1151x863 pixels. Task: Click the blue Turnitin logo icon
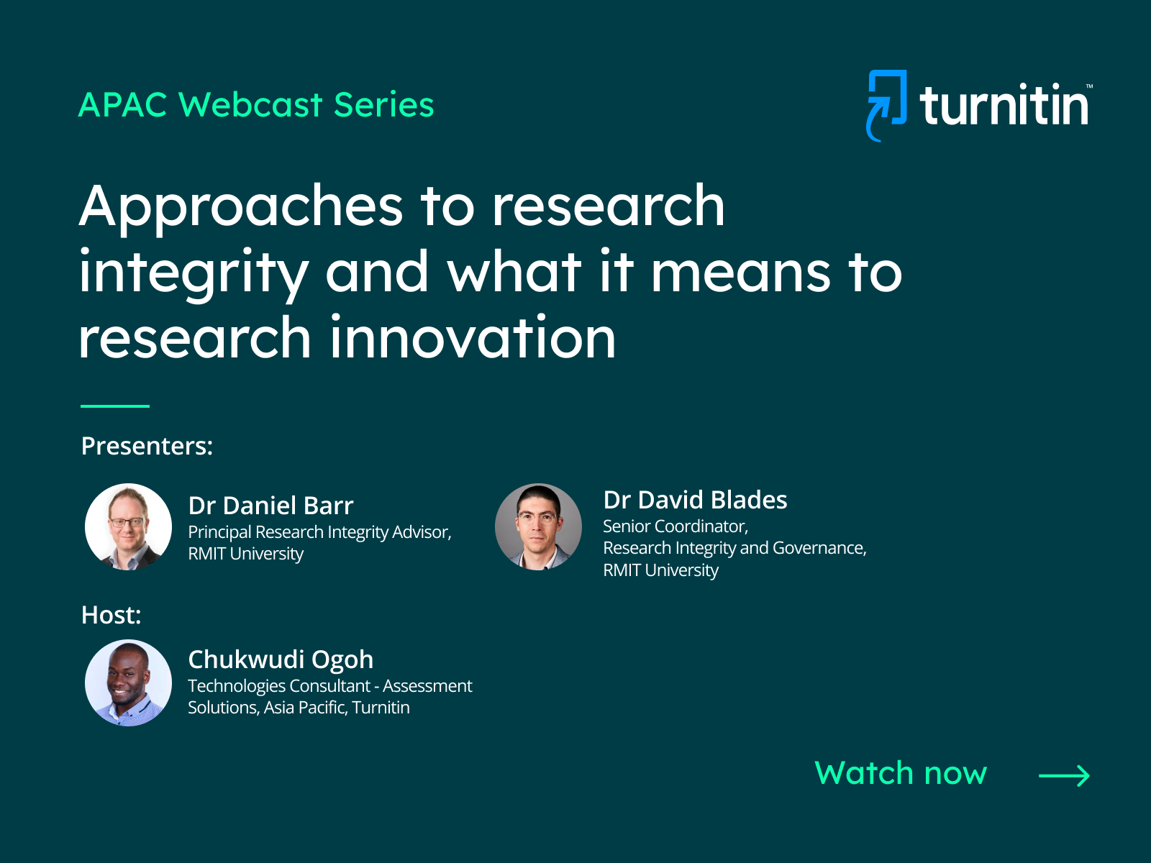tap(887, 105)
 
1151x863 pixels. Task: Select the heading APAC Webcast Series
tap(256, 104)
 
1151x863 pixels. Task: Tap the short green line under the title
tap(115, 406)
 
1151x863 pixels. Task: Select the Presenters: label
tap(147, 446)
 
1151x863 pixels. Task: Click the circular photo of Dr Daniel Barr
tap(128, 526)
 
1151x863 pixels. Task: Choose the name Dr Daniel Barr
tap(270, 506)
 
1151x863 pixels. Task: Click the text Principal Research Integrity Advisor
tap(319, 532)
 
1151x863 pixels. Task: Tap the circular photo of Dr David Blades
tap(538, 526)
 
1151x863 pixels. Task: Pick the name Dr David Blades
tap(695, 500)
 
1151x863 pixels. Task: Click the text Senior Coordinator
tap(675, 526)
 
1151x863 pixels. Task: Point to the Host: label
tap(112, 615)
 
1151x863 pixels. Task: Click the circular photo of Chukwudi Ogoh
tap(128, 682)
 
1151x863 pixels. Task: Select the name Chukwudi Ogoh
tap(281, 659)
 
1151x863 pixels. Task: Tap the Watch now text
tap(901, 773)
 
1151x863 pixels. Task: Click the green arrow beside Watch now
tap(1064, 775)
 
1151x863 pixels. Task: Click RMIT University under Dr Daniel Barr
tap(245, 554)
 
